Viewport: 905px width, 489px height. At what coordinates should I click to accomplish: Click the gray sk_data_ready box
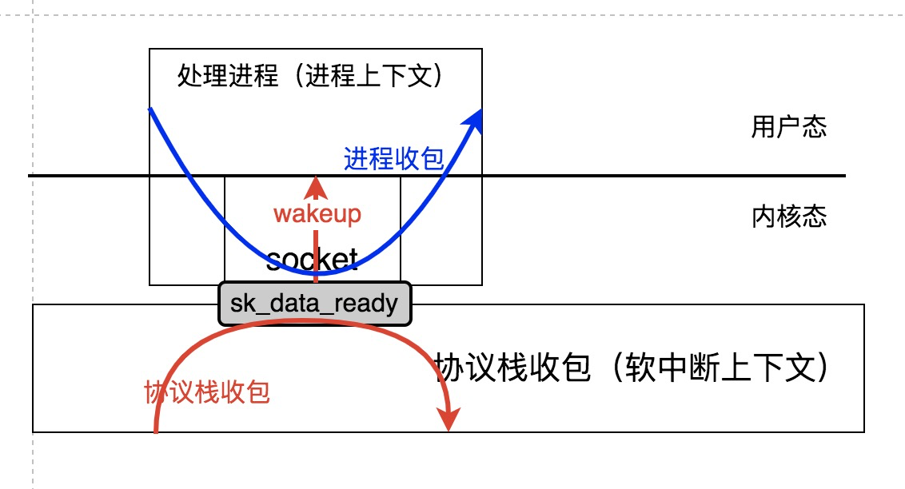click(x=314, y=304)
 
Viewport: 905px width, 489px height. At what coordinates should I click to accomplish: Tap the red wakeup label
click(x=317, y=214)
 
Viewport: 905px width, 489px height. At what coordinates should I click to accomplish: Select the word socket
click(x=312, y=259)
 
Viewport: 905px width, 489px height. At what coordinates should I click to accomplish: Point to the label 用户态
click(x=788, y=128)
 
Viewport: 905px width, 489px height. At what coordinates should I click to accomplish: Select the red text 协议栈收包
click(x=207, y=392)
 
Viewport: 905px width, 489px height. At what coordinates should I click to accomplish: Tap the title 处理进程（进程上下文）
click(x=309, y=77)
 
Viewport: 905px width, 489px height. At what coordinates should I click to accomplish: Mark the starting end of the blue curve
click(x=150, y=109)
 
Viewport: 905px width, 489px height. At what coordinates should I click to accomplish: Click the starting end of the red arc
click(x=155, y=431)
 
